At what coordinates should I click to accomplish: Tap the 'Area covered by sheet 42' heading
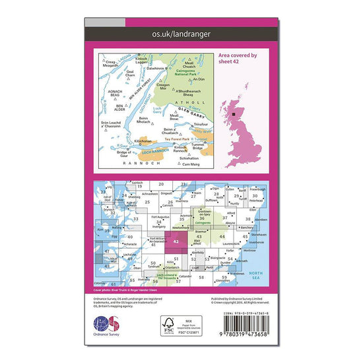(236, 59)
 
